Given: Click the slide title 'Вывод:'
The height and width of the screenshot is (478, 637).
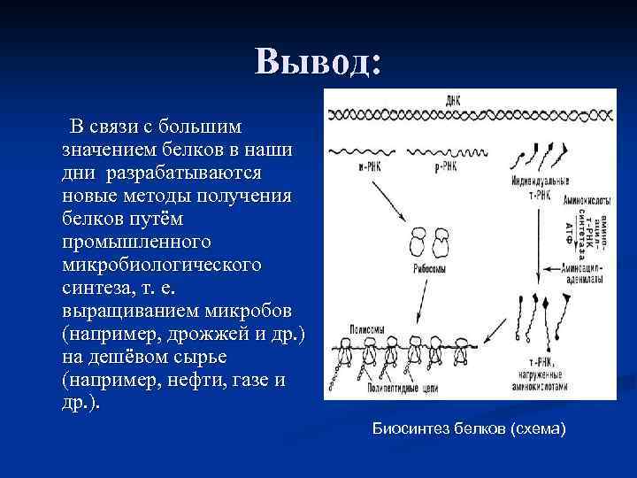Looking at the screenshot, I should pos(318,61).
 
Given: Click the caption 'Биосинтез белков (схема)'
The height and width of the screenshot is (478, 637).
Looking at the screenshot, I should pos(468,429).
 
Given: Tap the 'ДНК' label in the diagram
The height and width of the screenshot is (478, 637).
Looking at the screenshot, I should pos(452,99).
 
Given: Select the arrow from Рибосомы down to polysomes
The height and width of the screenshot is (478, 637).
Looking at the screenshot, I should pos(416,305).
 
